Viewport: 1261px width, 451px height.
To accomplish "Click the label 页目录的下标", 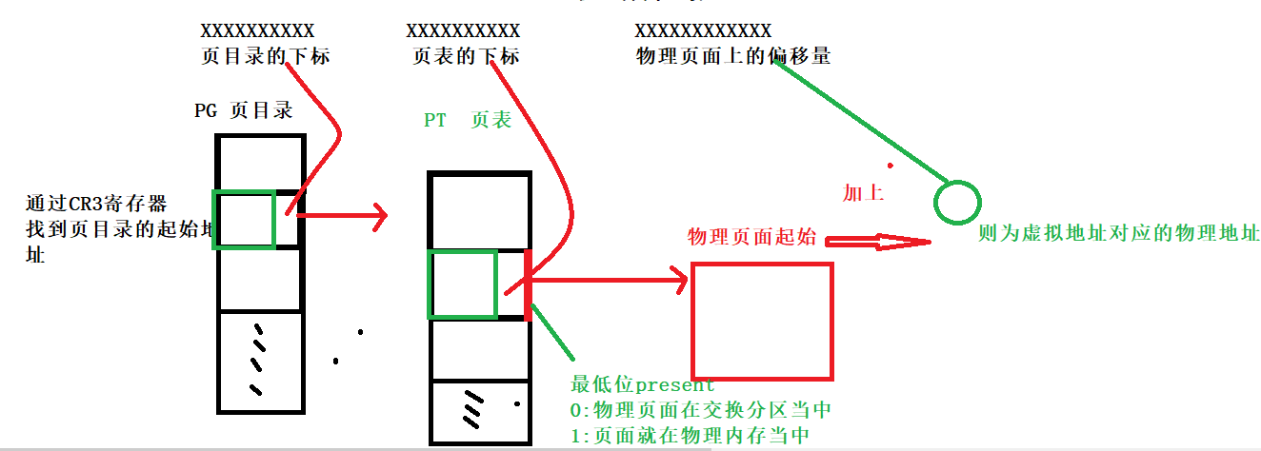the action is [x=265, y=56].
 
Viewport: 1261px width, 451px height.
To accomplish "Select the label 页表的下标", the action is [x=466, y=56].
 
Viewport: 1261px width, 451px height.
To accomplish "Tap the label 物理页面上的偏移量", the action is [x=732, y=56].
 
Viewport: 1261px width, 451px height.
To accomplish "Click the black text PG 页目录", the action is [x=243, y=110].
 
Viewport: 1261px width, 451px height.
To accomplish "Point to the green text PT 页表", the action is [x=468, y=120].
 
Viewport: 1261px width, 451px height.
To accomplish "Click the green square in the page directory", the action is [x=244, y=220].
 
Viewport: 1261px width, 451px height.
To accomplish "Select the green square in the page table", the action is [x=462, y=284].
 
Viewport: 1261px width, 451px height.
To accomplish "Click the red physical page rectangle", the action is [x=762, y=322].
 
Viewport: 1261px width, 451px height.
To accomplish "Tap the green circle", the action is [x=955, y=202].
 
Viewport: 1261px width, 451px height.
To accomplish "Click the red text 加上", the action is [x=863, y=193].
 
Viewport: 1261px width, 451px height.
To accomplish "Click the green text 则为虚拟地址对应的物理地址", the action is [x=1118, y=233].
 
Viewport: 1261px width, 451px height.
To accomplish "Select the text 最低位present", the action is [x=642, y=385].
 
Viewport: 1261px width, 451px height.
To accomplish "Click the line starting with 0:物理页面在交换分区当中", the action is [x=701, y=410].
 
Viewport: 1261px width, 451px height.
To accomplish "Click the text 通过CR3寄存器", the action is [x=96, y=204].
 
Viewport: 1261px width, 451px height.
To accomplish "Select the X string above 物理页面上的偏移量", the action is [x=703, y=31].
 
